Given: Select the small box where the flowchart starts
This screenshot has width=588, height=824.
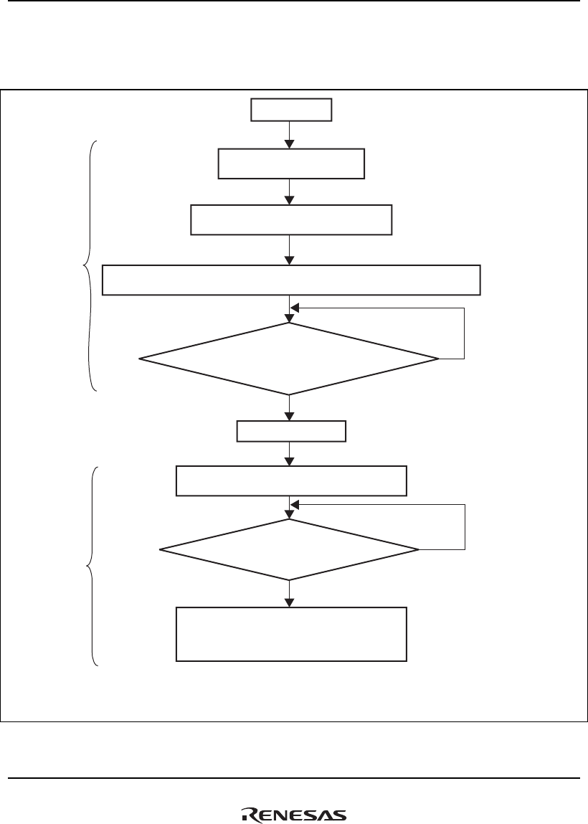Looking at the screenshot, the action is tap(291, 110).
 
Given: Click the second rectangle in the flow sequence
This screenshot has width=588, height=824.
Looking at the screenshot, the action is tap(291, 164).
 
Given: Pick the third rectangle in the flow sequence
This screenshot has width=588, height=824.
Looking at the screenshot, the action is tap(291, 219).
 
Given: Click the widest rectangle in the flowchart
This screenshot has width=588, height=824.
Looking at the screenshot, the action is tap(291, 280).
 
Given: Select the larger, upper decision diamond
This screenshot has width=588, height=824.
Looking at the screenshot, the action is tap(289, 359).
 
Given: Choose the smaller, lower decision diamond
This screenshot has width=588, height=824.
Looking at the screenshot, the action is tap(289, 549).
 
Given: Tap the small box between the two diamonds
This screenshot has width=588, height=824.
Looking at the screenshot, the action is tap(291, 432).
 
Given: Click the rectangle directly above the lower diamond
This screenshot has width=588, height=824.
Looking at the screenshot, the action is tap(291, 480).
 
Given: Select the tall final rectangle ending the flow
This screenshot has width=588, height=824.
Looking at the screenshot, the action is tap(291, 634).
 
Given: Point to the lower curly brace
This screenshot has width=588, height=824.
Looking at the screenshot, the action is tap(92, 567).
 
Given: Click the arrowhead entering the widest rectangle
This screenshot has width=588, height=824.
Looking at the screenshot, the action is tap(289, 260).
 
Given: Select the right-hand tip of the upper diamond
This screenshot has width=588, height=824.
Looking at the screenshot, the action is tap(437, 359).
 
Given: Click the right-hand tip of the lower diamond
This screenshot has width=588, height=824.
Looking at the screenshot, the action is tap(417, 549).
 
